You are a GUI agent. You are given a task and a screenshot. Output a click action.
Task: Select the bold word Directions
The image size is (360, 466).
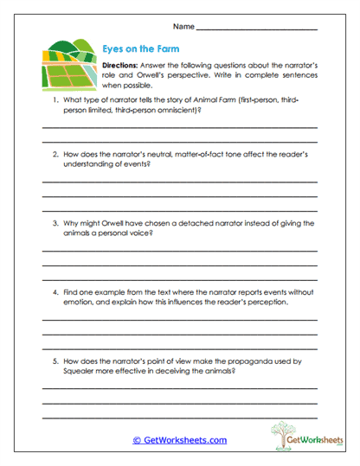point(120,66)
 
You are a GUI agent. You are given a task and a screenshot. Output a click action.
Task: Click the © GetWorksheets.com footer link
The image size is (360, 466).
point(179,440)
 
